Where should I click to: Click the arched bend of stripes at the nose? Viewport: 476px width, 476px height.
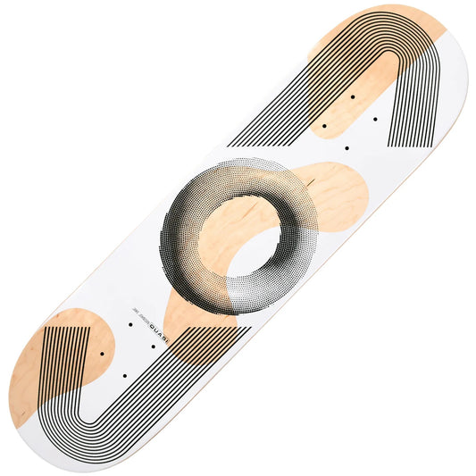[393, 45]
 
